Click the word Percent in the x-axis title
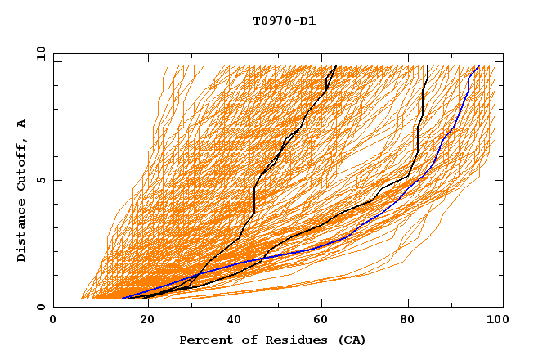pos(203,340)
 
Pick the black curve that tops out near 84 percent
pos(419,131)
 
